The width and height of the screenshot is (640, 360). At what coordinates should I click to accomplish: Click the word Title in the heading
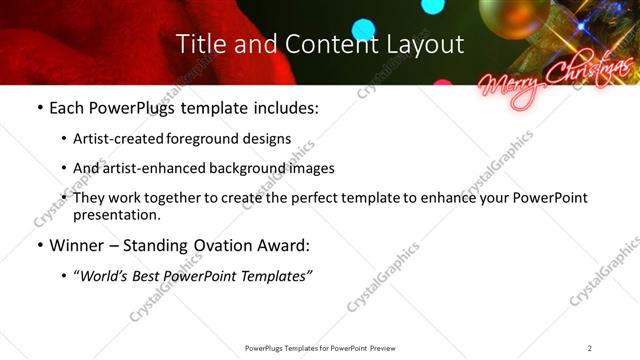tap(198, 45)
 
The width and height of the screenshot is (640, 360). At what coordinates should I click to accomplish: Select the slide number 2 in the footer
tap(590, 347)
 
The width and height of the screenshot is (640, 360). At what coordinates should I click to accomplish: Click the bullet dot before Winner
tap(38, 245)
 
